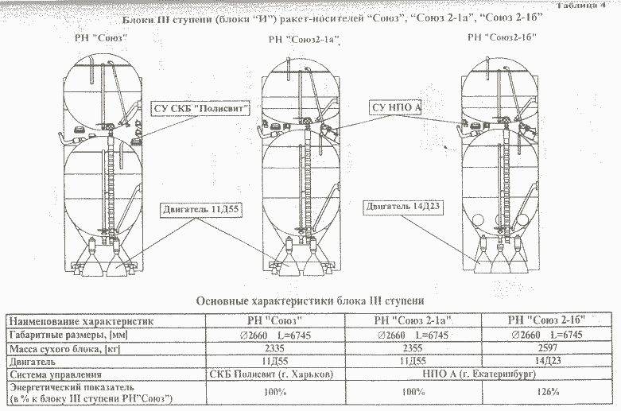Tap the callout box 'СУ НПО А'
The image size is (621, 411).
coord(395,107)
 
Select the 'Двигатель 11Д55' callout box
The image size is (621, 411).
coord(201,209)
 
